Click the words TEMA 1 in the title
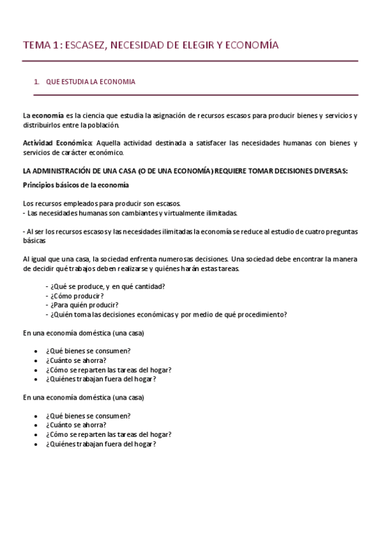[x=41, y=45]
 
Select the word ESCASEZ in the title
[x=86, y=45]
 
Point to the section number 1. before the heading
[x=37, y=82]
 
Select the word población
[x=102, y=125]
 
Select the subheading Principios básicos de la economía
[x=75, y=185]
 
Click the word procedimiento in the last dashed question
[x=258, y=314]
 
